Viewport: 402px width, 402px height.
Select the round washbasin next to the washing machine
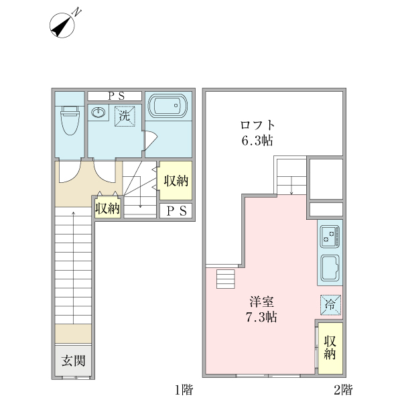98,113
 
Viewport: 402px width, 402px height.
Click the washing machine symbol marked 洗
124,115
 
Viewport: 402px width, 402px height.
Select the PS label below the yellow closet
176,211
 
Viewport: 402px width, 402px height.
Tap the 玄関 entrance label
73,361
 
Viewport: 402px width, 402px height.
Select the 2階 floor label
342,389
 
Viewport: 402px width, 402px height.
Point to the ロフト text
257,125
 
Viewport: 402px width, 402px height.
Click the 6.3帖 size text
257,141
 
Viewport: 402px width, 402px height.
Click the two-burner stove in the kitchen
330,235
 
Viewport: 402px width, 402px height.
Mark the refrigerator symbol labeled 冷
330,304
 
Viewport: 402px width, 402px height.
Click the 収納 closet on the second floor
330,348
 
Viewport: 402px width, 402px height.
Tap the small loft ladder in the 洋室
226,278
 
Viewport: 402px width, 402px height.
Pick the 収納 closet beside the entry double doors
107,208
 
